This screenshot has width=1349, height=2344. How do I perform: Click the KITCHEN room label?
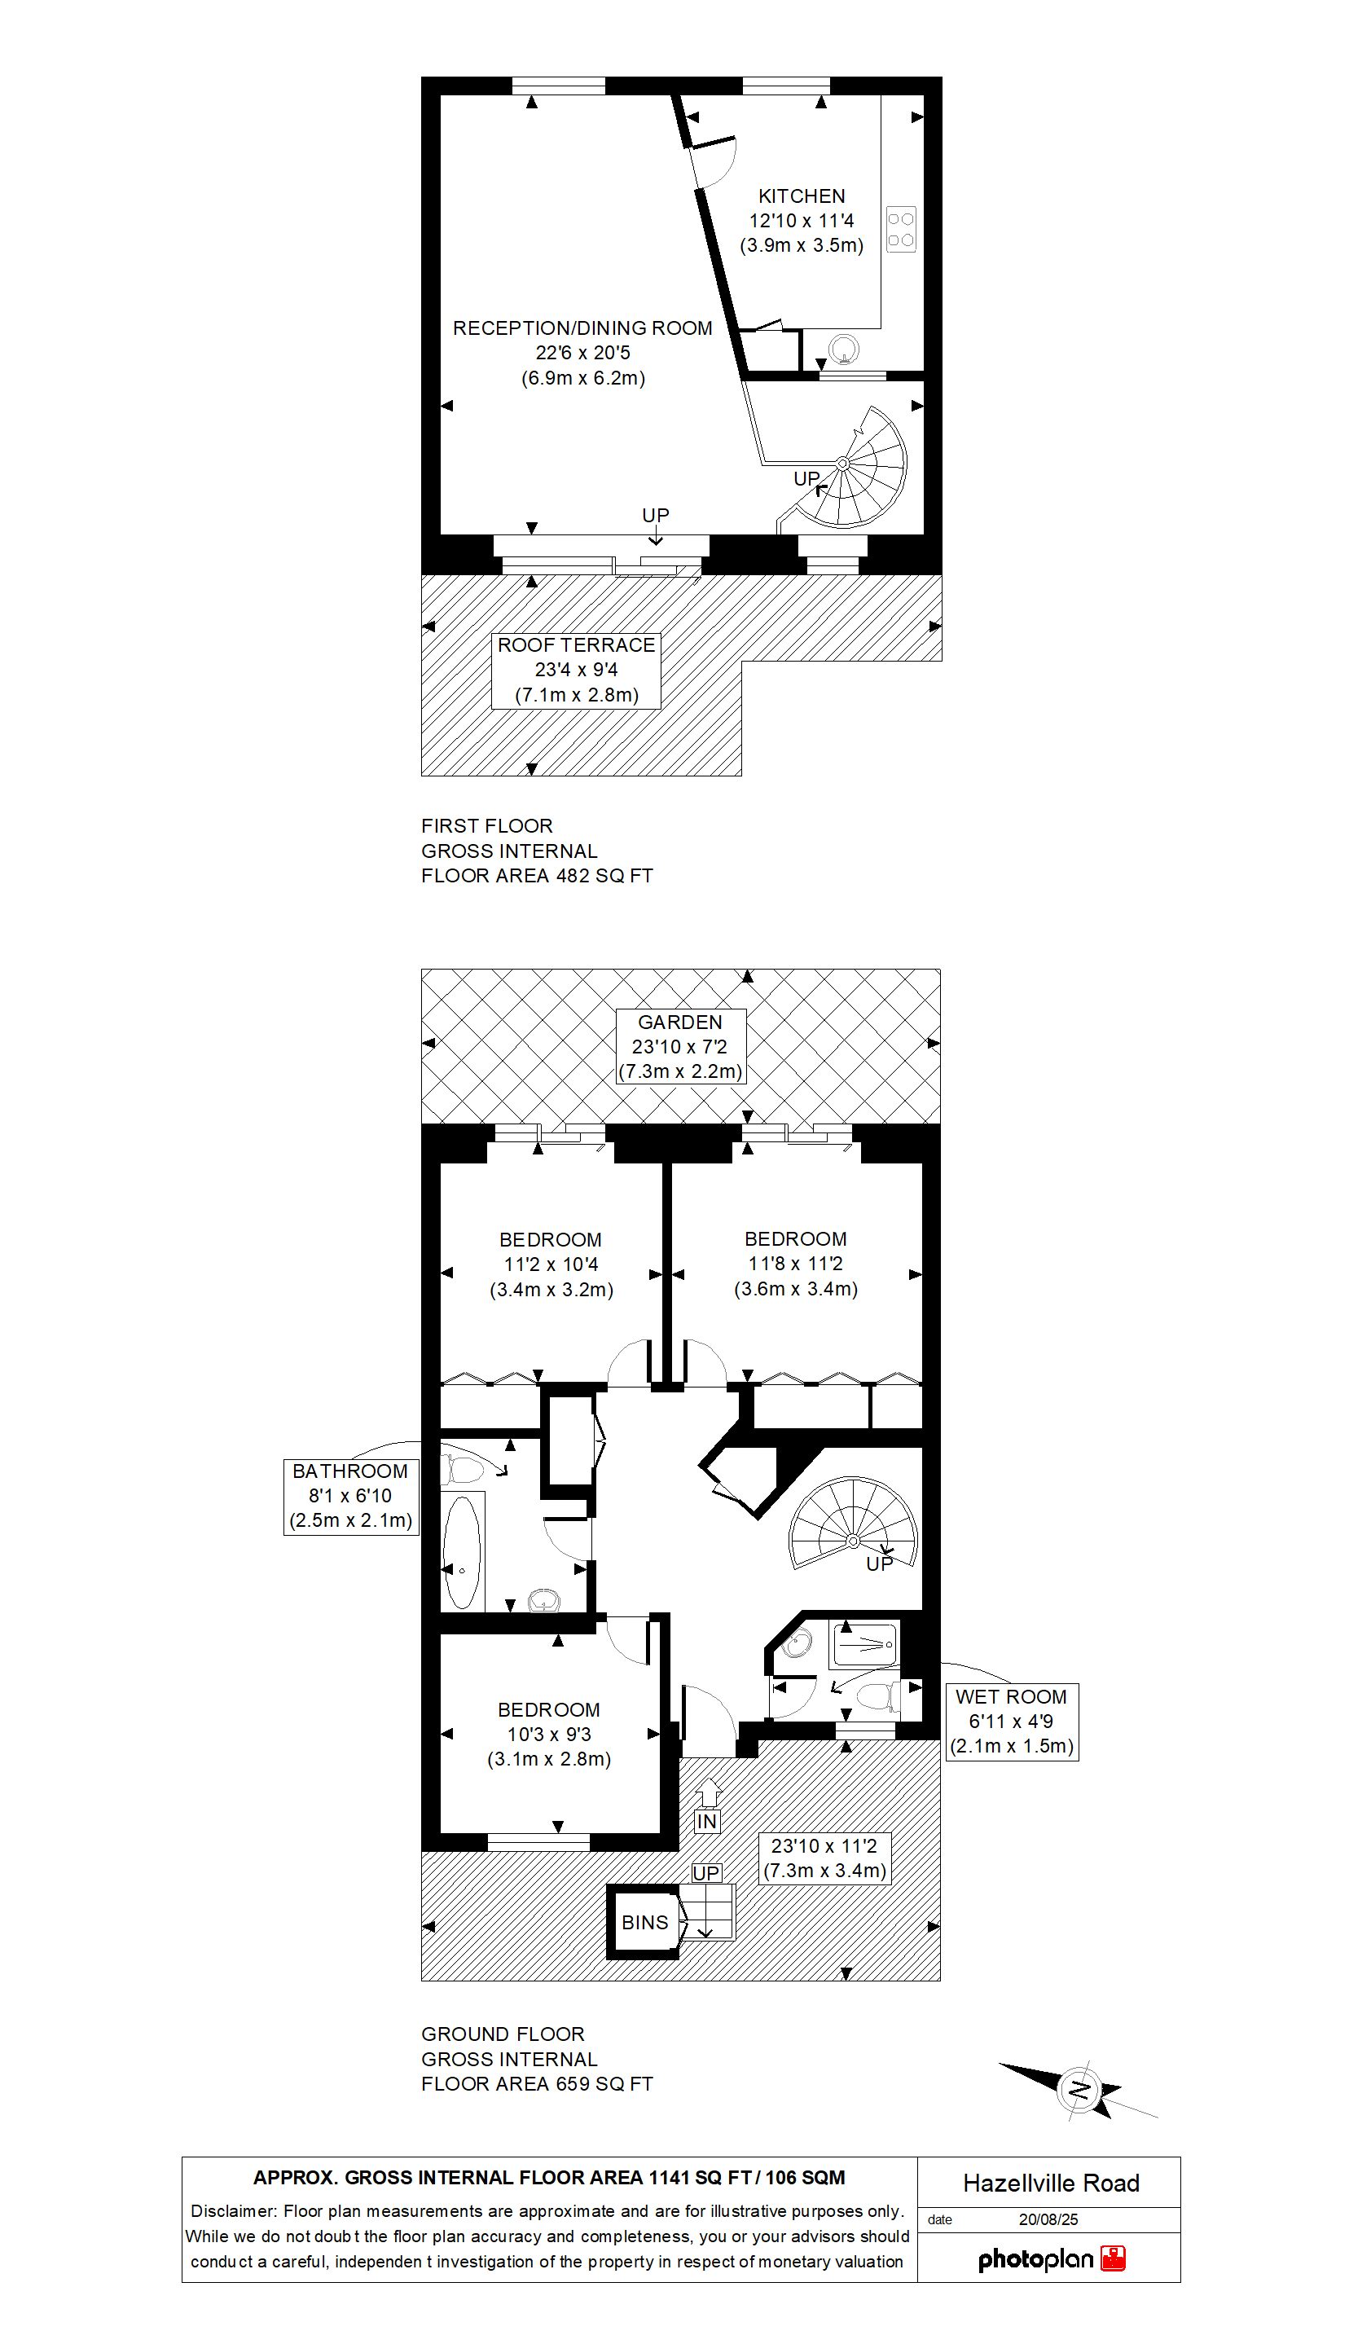802,196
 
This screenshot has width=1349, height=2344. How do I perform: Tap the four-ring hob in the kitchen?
901,229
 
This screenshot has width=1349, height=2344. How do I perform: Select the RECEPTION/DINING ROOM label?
582,328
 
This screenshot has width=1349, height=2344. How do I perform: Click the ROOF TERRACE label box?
576,670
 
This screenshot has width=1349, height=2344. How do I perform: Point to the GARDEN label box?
680,1047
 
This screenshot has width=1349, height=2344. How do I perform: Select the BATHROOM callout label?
350,1497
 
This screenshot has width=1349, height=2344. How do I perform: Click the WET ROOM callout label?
1011,1722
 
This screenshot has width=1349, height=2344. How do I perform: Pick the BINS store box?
644,1923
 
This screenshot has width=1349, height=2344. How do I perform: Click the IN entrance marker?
707,1821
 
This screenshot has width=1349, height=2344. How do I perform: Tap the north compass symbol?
1079,2089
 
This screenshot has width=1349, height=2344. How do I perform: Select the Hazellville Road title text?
1051,2183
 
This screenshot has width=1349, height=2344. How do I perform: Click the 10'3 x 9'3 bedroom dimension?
549,1735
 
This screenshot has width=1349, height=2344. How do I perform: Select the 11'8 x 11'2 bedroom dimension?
795,1264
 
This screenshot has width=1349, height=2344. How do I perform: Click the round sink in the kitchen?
844,350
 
